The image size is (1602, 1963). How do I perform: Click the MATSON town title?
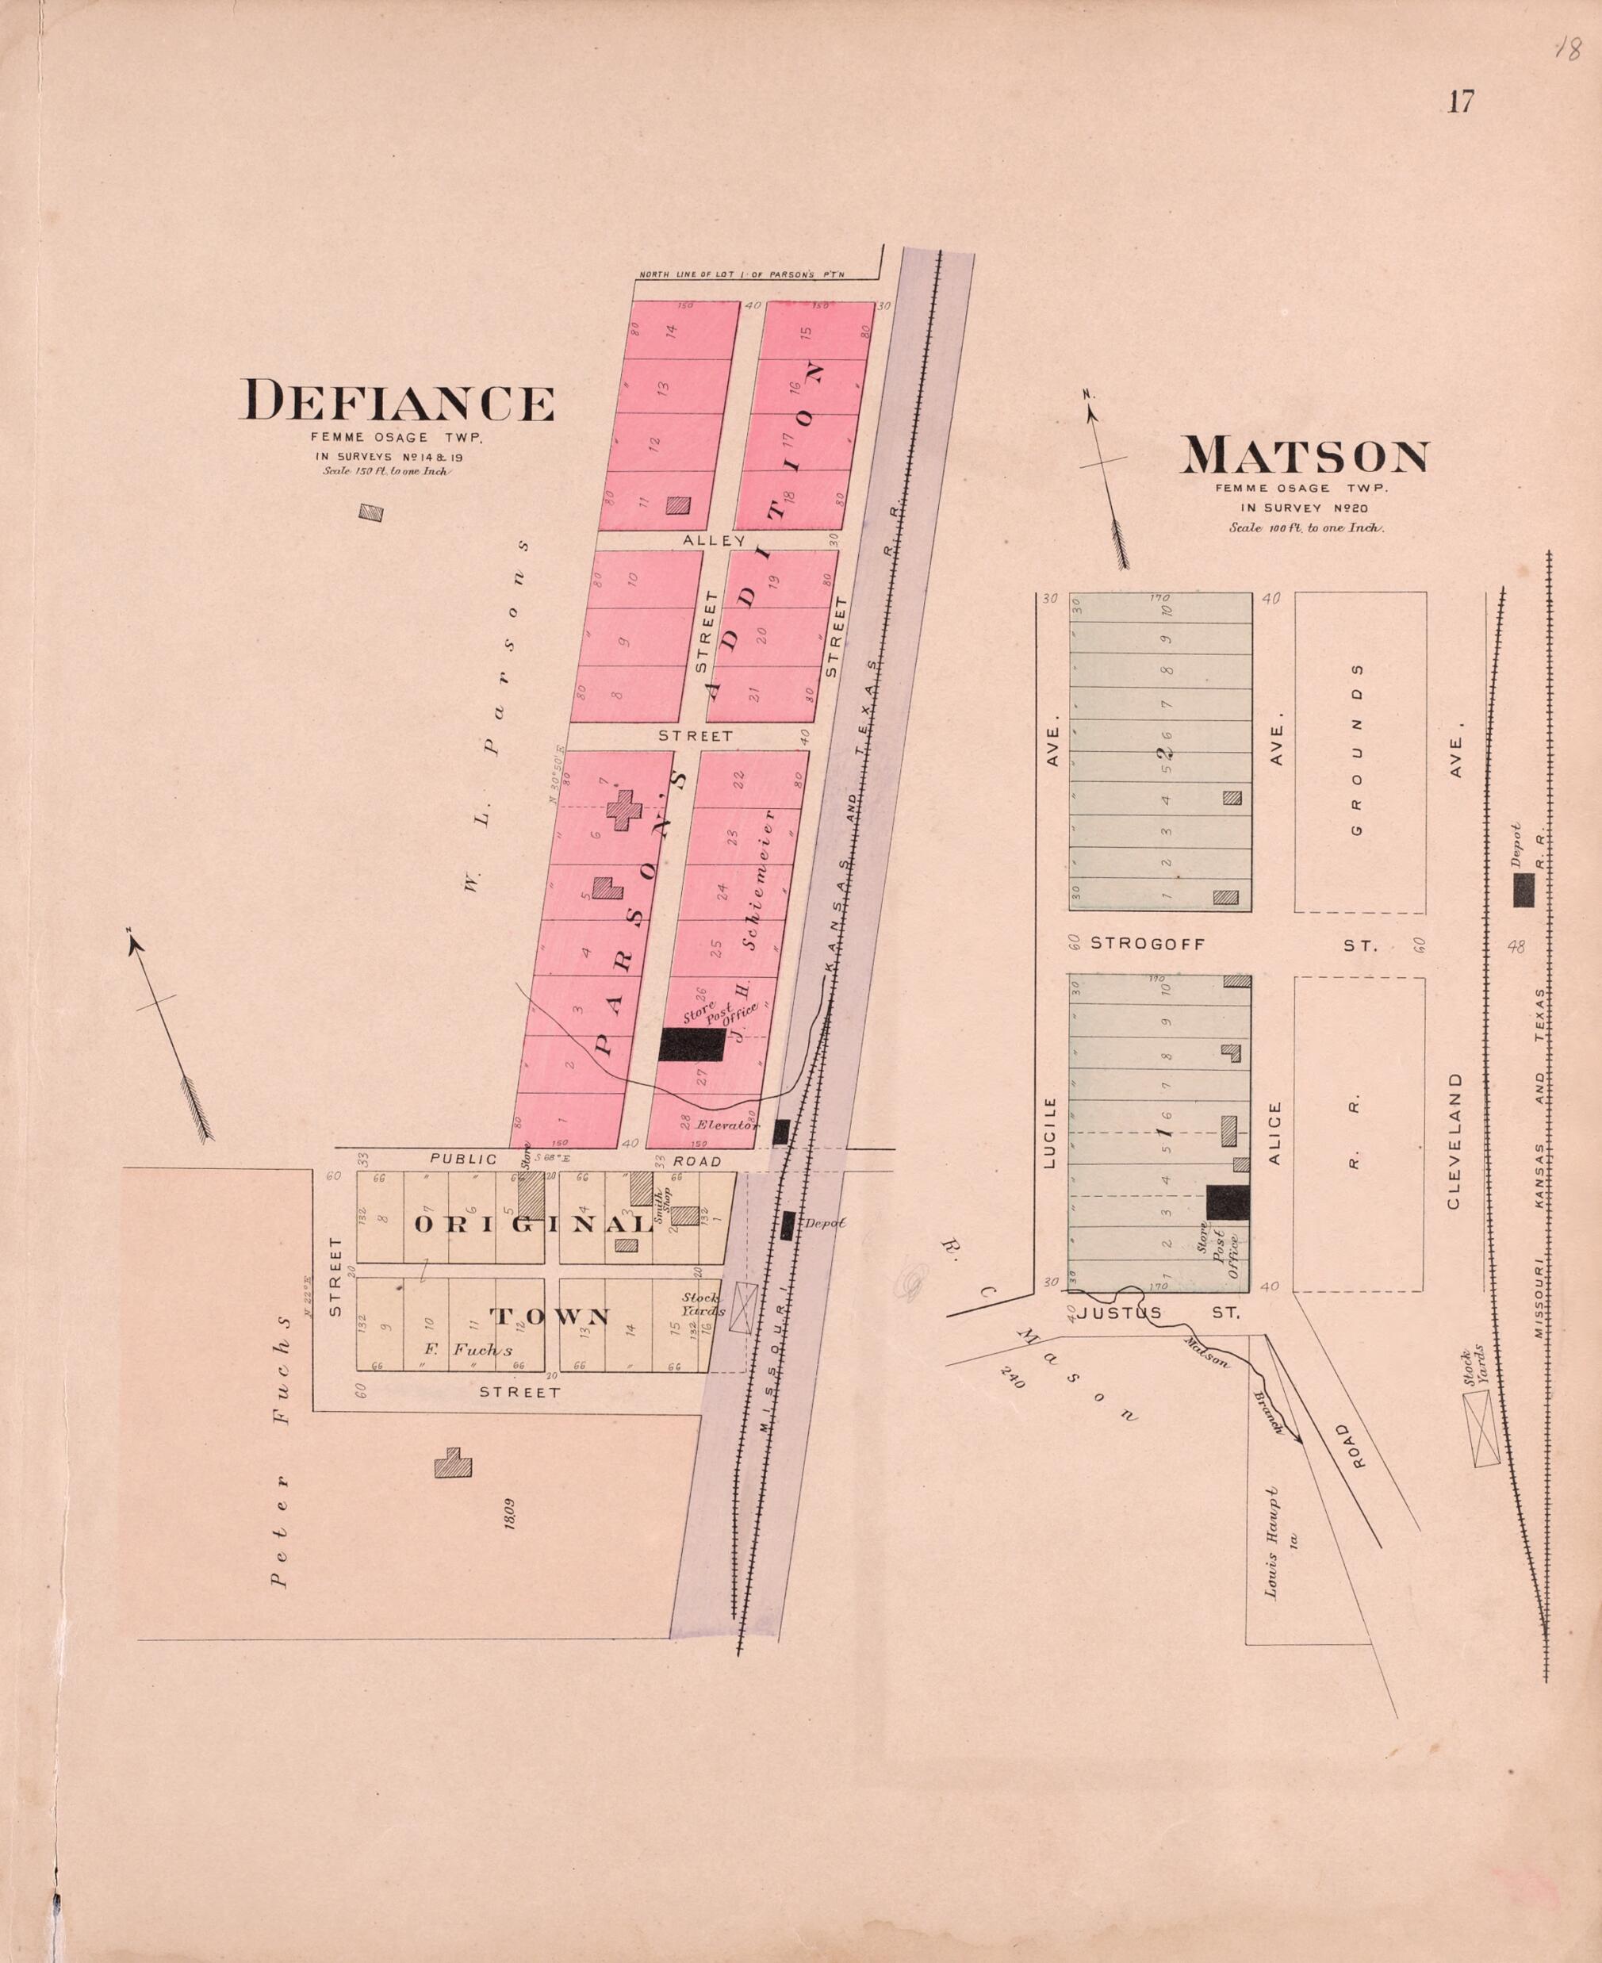(x=1305, y=456)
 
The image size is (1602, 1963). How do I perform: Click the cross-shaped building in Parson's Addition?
(x=625, y=808)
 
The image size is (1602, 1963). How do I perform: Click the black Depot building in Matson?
(x=1523, y=890)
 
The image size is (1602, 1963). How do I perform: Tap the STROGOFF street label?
(x=1148, y=944)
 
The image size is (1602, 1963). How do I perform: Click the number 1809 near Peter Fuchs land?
(x=509, y=1514)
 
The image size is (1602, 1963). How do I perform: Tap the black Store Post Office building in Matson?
(x=1228, y=1202)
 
